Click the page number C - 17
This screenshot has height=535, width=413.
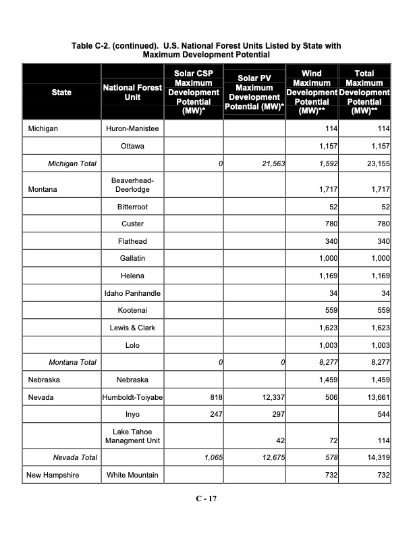click(x=206, y=499)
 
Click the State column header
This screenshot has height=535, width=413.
click(x=61, y=92)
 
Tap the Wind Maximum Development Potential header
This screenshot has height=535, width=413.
click(x=311, y=92)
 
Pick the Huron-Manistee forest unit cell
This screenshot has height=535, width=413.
click(x=132, y=128)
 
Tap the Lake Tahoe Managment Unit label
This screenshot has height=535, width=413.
click(x=132, y=436)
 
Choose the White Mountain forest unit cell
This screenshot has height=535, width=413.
click(x=132, y=475)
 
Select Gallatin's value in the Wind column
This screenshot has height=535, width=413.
click(x=327, y=258)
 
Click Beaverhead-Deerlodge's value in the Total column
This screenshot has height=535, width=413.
click(x=378, y=190)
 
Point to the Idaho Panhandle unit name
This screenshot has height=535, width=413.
click(x=132, y=293)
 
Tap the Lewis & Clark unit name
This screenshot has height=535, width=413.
click(x=132, y=328)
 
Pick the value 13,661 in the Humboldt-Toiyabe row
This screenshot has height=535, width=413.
click(x=375, y=398)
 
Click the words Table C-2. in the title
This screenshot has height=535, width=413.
click(x=95, y=45)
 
